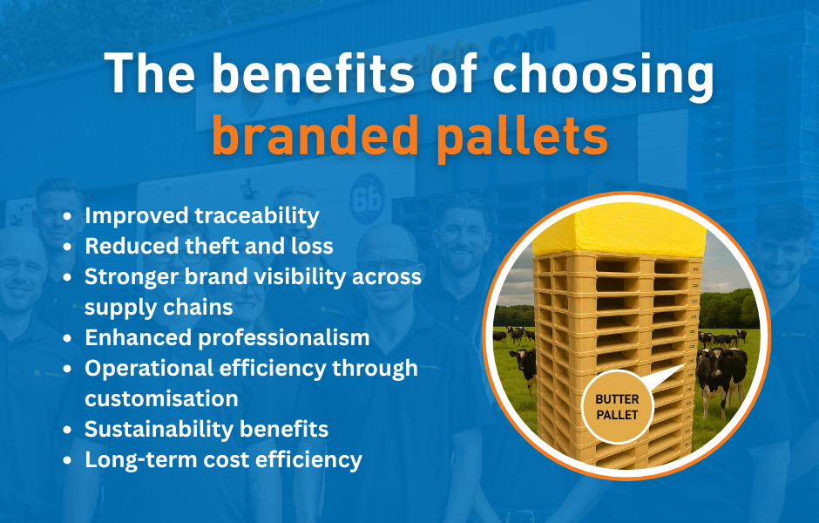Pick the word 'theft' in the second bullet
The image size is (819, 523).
(x=204, y=246)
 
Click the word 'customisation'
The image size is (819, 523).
(x=161, y=398)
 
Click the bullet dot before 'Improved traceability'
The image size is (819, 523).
(x=68, y=216)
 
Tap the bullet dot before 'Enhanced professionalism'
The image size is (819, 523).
(x=68, y=338)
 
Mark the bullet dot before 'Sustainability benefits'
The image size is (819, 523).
(x=68, y=430)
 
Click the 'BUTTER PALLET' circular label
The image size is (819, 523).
(x=617, y=407)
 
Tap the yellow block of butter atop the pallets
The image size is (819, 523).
(x=619, y=230)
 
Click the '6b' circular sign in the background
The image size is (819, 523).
(x=363, y=189)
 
